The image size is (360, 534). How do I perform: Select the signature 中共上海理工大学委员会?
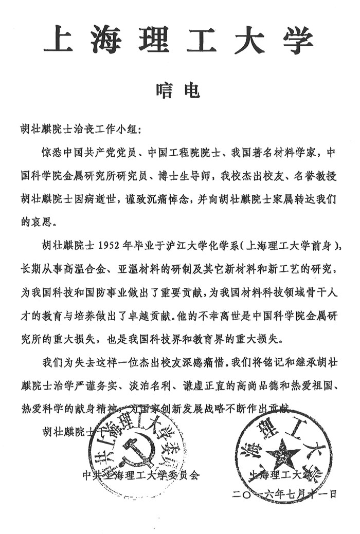point(140,476)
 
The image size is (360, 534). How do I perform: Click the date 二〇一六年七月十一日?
point(284,494)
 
